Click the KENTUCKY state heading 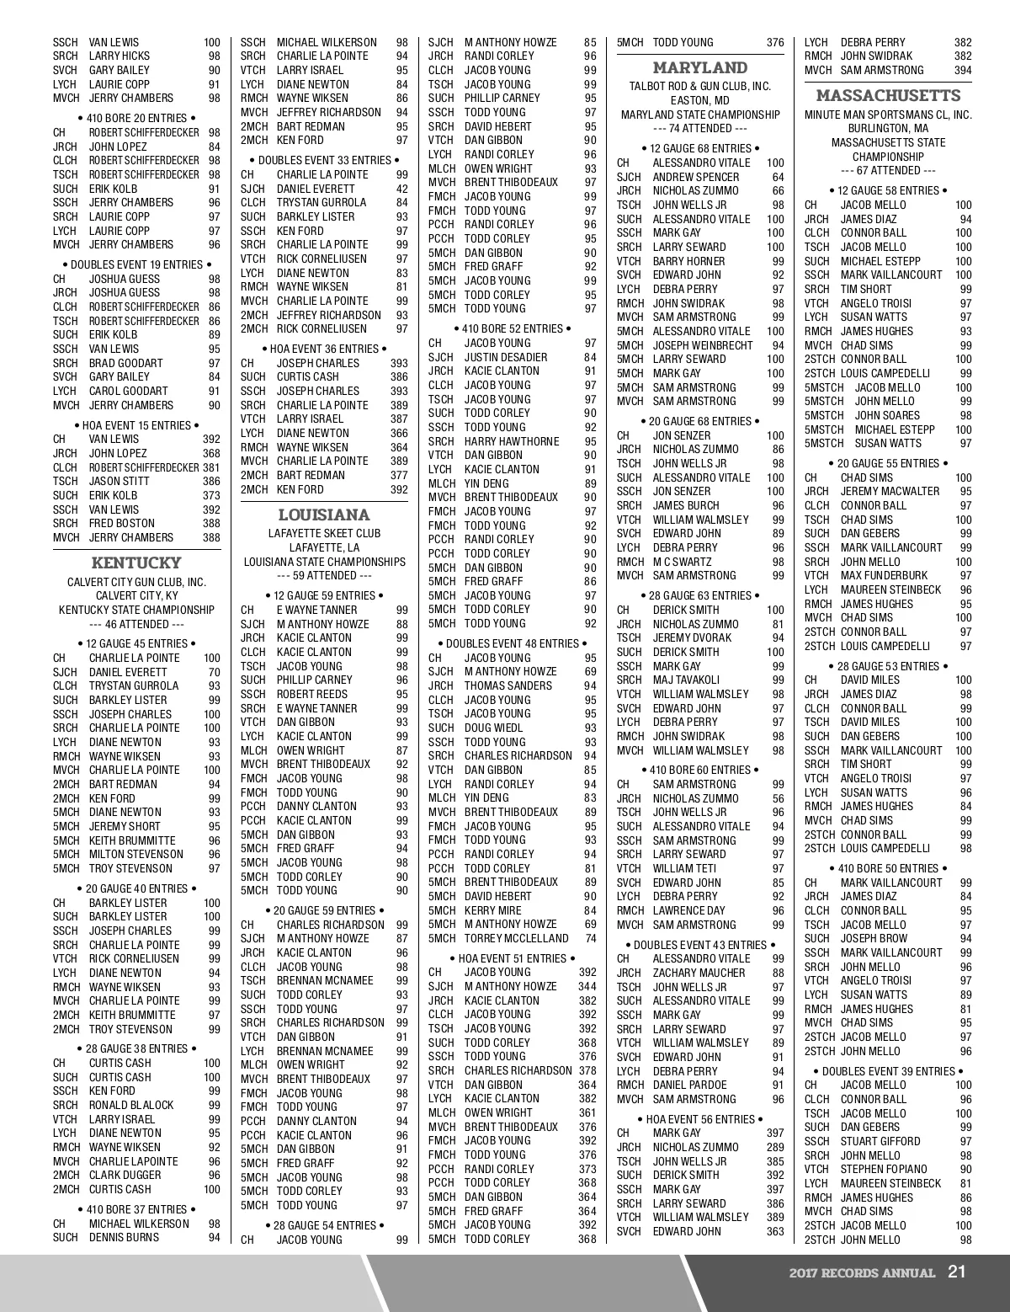point(136,563)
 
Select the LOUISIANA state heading point(324,515)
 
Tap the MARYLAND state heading point(700,67)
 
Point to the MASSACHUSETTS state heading point(888,95)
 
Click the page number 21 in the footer point(956,1272)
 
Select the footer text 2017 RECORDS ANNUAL point(862,1272)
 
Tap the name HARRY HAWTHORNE point(512,441)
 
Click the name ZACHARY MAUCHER point(699,973)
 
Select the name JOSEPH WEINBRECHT point(703,345)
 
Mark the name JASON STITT point(120,482)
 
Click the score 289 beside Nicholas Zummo point(775,1147)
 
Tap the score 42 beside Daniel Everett point(402,189)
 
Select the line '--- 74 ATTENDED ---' point(700,129)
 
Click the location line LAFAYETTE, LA point(324,547)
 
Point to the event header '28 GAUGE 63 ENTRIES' point(700,595)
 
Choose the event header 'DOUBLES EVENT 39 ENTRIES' point(888,1071)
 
